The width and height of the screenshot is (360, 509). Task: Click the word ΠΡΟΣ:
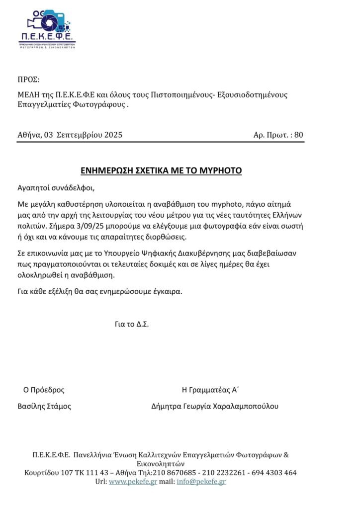click(x=28, y=79)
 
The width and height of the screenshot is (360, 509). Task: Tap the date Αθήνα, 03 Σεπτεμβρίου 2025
click(x=70, y=135)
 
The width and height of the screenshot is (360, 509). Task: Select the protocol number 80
click(x=299, y=135)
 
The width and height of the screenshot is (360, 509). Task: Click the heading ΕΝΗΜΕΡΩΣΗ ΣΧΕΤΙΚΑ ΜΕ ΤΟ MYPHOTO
click(x=161, y=170)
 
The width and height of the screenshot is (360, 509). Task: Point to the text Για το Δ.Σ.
click(x=132, y=324)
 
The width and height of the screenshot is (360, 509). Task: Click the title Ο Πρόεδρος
click(x=44, y=390)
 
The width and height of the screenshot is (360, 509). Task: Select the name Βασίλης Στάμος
click(x=44, y=406)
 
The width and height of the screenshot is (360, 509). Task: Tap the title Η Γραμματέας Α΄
click(x=211, y=390)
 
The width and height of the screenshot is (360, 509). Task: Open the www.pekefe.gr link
click(x=133, y=482)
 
